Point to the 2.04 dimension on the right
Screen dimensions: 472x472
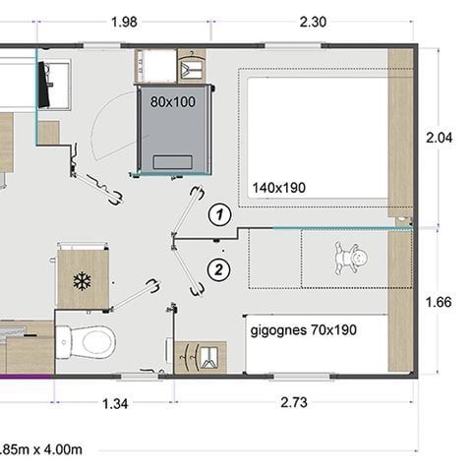point(440,139)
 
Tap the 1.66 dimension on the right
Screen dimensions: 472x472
point(440,302)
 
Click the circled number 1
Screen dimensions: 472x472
point(220,212)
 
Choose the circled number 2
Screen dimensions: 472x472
point(220,267)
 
